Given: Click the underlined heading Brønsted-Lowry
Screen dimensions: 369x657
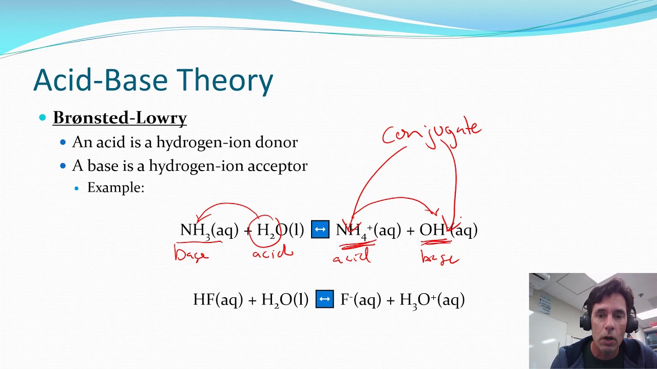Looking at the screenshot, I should [120, 118].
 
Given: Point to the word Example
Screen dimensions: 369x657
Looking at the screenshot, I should [115, 188].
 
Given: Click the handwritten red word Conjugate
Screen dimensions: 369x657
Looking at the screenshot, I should [431, 132].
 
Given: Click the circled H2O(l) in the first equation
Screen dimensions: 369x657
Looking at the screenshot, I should [280, 230].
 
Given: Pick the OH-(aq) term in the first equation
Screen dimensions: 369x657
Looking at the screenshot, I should [448, 230].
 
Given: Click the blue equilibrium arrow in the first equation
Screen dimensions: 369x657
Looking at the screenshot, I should [320, 229].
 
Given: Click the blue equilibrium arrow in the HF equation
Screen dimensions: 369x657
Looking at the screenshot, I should [324, 299].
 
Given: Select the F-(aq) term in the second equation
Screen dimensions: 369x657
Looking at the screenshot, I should [361, 299].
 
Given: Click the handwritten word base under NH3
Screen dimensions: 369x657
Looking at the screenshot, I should [191, 254].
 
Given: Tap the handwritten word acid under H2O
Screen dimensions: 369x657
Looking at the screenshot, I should [273, 253].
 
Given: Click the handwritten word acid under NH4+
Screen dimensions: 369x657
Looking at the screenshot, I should [352, 257].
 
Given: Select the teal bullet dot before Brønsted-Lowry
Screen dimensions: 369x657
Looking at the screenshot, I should [43, 118].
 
